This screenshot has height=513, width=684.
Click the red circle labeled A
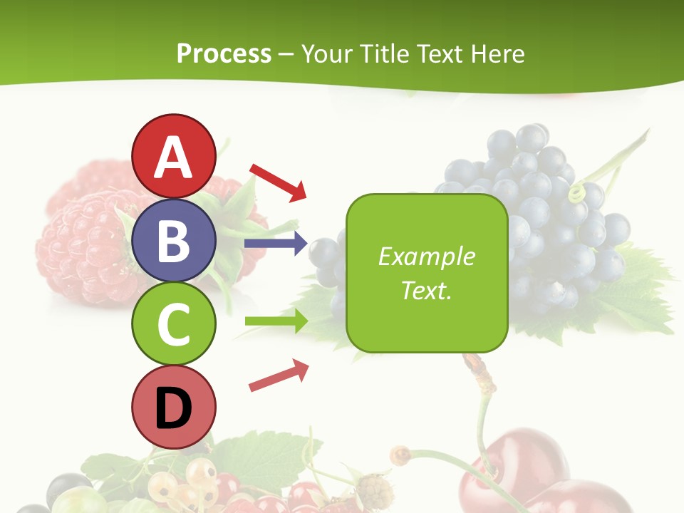(x=174, y=156)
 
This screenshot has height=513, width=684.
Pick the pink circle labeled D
(x=174, y=408)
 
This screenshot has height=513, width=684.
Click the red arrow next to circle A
(x=278, y=182)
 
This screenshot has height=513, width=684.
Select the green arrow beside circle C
(x=276, y=321)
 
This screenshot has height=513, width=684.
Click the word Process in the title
(x=224, y=53)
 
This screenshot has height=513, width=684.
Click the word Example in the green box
(x=426, y=256)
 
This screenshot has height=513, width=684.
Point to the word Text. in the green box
(x=426, y=290)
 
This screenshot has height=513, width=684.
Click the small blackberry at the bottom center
(x=374, y=492)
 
